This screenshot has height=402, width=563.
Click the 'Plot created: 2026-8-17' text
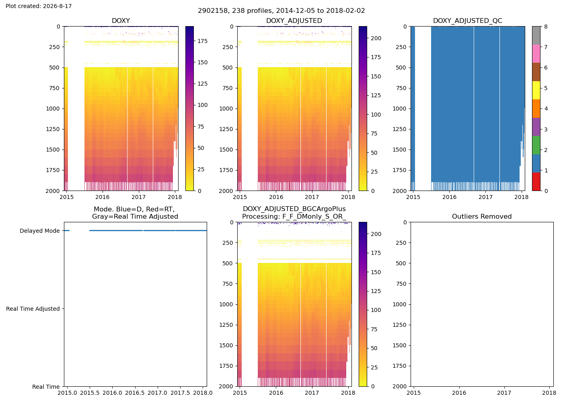(x=39, y=6)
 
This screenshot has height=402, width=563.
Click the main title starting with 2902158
(x=281, y=10)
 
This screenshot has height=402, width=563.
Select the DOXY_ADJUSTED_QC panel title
(x=467, y=21)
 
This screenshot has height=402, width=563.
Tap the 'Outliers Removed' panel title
(x=482, y=217)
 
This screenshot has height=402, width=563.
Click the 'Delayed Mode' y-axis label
(x=40, y=231)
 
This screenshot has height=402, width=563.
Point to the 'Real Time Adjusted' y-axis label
(x=33, y=309)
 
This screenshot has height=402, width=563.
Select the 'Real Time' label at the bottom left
(x=46, y=387)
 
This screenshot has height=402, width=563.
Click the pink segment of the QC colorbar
(x=536, y=54)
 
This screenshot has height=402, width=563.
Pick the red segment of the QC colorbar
(x=536, y=182)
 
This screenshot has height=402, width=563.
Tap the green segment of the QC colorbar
(x=536, y=145)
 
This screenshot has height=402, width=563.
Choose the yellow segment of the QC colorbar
(x=536, y=90)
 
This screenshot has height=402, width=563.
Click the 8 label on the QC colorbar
(x=546, y=27)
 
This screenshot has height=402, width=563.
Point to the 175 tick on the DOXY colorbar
(x=202, y=41)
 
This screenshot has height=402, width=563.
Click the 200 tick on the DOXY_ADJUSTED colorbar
(x=376, y=38)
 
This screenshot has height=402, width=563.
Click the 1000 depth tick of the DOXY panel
(x=53, y=109)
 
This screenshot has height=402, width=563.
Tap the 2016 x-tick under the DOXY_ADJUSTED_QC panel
(x=450, y=197)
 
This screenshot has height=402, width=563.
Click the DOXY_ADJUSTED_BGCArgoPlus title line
(x=294, y=209)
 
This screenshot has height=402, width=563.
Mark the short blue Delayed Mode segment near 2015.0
(x=67, y=231)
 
